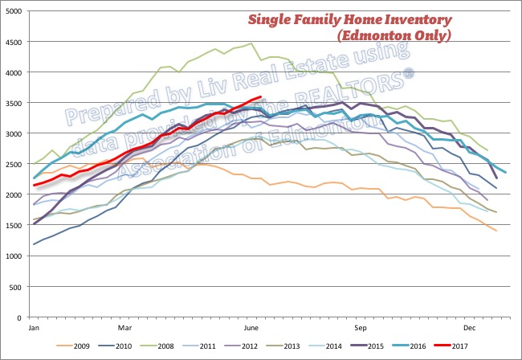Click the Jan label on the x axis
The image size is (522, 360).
[35, 328]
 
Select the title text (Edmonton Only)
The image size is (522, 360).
[393, 37]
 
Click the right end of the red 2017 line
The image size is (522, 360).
[262, 97]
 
